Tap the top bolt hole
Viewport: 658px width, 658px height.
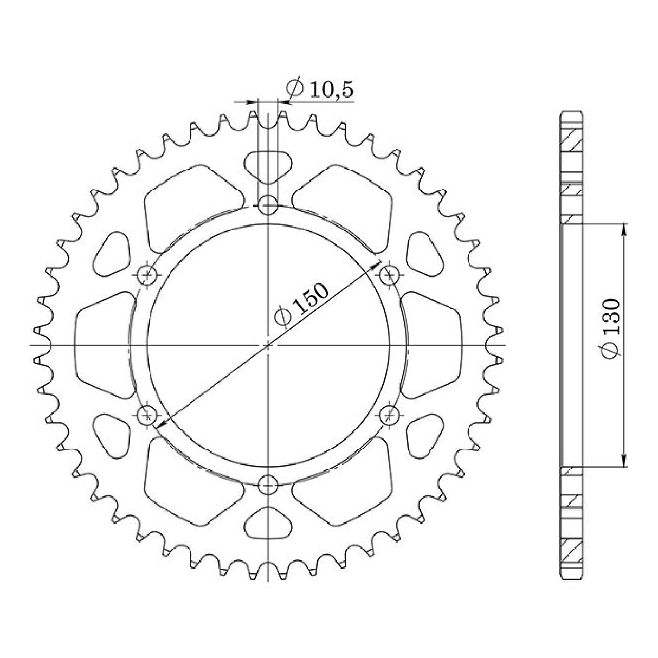pos(268,205)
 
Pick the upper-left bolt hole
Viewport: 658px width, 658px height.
pos(147,275)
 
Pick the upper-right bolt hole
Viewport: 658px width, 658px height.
pos(389,275)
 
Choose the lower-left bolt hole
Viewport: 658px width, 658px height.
pos(147,416)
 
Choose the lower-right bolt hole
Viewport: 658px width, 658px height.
pos(389,416)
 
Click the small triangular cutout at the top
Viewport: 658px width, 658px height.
pos(268,165)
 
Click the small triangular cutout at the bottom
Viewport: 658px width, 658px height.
pos(268,525)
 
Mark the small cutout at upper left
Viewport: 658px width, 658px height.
pos(112,255)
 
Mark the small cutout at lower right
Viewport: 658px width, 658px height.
pos(424,435)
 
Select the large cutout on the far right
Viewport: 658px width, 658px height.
pos(432,345)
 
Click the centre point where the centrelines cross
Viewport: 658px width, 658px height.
pos(268,345)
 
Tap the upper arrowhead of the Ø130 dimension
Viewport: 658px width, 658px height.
pos(624,228)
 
